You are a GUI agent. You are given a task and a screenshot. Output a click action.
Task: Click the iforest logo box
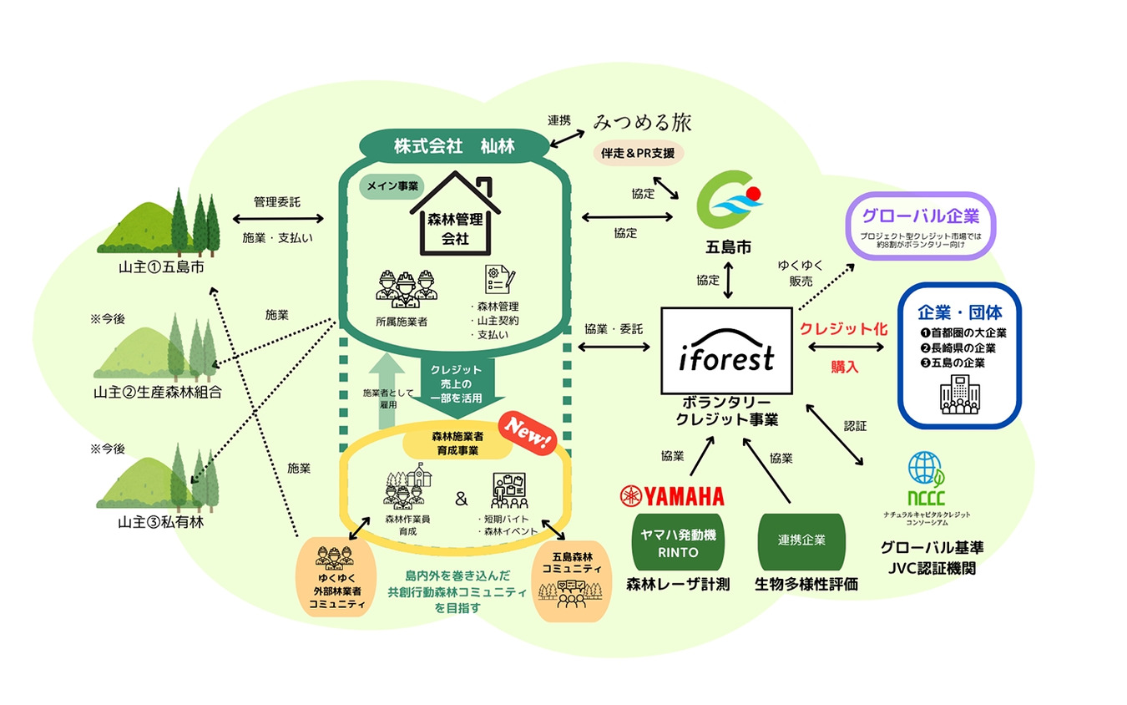[725, 351]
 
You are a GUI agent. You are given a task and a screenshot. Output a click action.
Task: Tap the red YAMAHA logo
[671, 496]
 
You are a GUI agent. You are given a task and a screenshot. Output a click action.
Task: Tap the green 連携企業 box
[801, 540]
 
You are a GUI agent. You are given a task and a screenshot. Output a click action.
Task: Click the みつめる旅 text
[643, 123]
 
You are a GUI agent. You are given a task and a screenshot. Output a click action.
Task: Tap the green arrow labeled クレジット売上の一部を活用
[456, 383]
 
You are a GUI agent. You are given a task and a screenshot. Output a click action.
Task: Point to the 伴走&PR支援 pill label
[638, 153]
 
